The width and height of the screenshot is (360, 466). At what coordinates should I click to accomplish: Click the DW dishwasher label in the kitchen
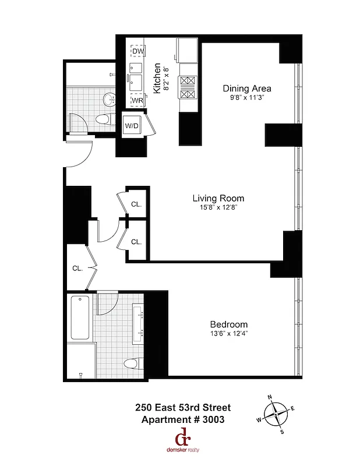[x=137, y=52]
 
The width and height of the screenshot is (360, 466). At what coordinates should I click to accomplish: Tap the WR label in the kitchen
[x=137, y=100]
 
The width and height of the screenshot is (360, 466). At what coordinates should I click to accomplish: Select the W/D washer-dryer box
[x=131, y=126]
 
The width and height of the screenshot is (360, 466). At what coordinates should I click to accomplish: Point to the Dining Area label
[x=247, y=89]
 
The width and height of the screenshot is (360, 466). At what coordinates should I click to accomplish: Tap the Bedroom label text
[x=228, y=324]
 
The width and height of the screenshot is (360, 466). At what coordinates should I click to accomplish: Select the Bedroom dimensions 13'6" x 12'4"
[x=228, y=333]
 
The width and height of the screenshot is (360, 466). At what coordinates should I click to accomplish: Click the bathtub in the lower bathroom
[x=80, y=319]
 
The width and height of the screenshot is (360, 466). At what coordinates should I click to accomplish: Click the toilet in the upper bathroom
[x=103, y=120]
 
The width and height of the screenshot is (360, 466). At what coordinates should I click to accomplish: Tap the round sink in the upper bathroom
[x=109, y=100]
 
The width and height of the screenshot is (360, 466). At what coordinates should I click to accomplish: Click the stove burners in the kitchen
[x=188, y=88]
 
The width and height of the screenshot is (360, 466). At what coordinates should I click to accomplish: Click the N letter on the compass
[x=270, y=397]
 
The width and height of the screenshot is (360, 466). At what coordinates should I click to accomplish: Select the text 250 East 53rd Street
[x=183, y=408]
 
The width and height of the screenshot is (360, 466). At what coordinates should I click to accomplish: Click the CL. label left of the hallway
[x=77, y=269]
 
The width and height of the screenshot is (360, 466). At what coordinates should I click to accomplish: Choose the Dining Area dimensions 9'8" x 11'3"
[x=247, y=98]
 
